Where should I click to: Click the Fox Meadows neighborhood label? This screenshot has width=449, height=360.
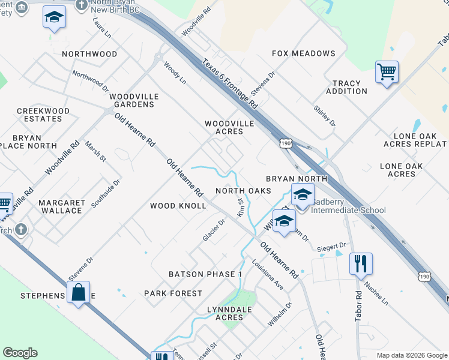tap(303, 53)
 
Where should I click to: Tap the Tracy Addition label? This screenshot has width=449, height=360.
tap(347, 88)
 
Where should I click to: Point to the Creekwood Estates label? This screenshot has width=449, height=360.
tap(43, 115)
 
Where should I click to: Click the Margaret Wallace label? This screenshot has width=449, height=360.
tap(61, 207)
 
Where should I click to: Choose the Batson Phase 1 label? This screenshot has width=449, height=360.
tap(205, 274)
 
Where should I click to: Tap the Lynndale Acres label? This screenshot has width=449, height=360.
tap(229, 313)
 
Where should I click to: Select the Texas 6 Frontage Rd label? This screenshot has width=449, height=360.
tap(230, 84)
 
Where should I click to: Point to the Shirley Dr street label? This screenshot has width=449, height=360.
tap(325, 115)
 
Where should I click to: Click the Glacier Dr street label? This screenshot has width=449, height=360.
tap(214, 230)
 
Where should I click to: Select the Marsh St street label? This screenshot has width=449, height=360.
tap(95, 151)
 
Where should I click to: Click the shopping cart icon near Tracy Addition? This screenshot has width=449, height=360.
tap(387, 72)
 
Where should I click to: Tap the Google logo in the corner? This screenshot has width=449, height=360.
tap(20, 353)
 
